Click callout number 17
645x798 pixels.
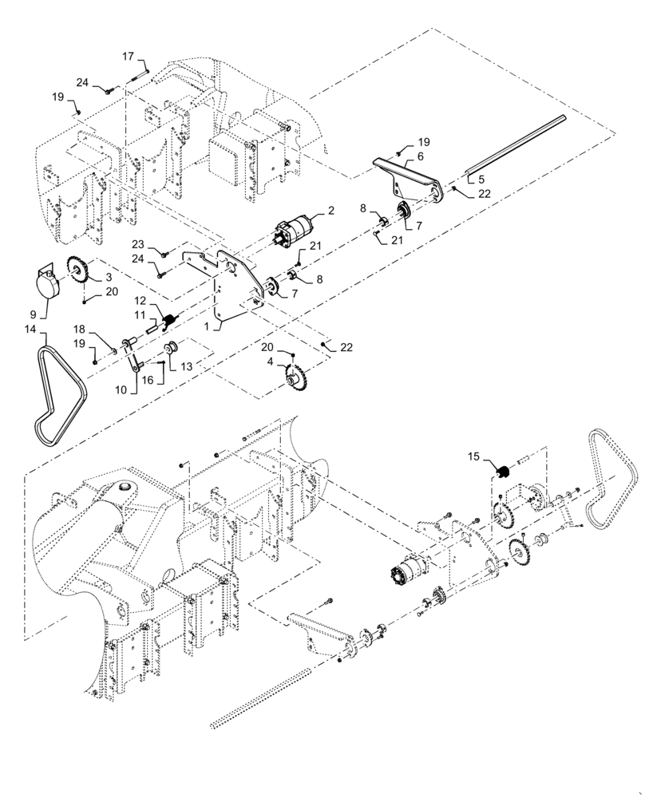(128, 56)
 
